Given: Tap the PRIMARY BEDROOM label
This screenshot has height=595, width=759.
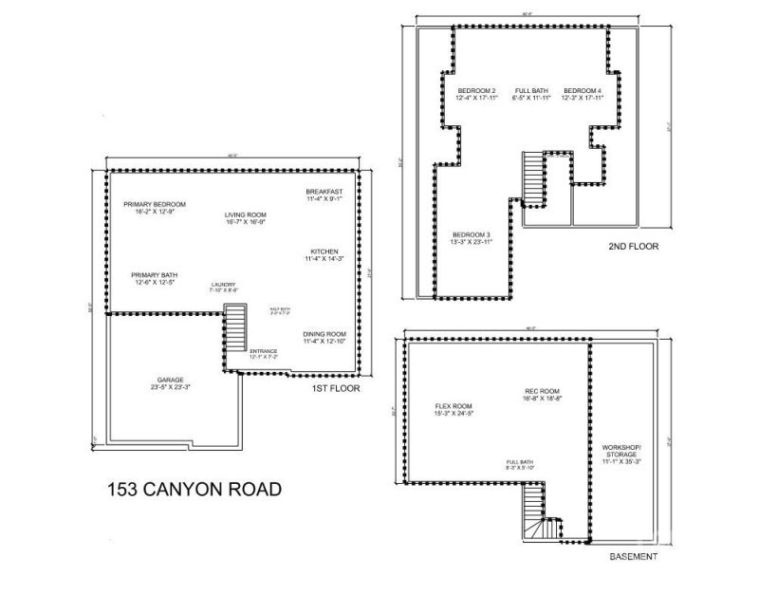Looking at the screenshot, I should (x=154, y=205).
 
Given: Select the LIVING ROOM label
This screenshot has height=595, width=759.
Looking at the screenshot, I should (x=244, y=214).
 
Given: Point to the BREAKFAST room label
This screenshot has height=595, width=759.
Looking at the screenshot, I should (x=324, y=193).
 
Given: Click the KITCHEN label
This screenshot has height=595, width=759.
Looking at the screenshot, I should (x=324, y=252).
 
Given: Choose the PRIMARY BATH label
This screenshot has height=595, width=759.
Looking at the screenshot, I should (x=154, y=275).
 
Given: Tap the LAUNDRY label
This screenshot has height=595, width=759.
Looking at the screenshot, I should (x=224, y=286).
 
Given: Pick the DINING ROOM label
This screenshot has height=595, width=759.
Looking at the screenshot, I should (x=324, y=335).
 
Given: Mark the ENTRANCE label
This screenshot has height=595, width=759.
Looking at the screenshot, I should (x=263, y=353).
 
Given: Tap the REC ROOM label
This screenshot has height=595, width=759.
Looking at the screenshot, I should (x=543, y=392).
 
